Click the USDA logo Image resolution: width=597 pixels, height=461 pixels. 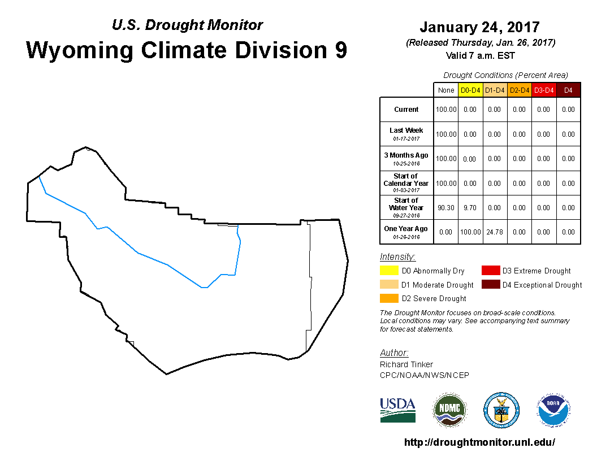[x=397, y=410]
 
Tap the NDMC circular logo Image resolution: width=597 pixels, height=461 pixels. [x=449, y=410]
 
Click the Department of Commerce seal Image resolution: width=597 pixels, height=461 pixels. [x=501, y=410]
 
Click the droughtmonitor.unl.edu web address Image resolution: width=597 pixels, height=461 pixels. [x=479, y=442]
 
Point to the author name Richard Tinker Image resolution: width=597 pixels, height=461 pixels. [x=406, y=364]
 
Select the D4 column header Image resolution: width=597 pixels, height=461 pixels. [x=568, y=90]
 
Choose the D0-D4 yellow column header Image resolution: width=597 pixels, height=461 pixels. [x=470, y=90]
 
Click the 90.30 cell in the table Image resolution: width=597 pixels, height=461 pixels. [x=446, y=208]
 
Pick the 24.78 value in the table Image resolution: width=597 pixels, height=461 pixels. [x=495, y=232]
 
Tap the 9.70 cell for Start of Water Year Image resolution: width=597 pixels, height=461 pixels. [x=470, y=208]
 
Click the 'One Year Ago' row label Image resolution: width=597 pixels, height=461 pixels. [x=406, y=229]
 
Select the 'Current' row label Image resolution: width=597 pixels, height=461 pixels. [x=406, y=110]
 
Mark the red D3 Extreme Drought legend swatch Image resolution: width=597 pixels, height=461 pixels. [x=491, y=271]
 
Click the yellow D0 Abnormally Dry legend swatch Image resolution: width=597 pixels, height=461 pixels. [x=389, y=271]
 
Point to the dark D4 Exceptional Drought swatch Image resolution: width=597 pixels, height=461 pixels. [x=491, y=284]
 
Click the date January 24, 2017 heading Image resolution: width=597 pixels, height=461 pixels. [x=480, y=27]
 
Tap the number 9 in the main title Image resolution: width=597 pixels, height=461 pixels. [x=341, y=50]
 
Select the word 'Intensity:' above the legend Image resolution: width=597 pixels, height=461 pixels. [x=397, y=257]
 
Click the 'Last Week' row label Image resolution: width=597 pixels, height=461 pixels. [x=406, y=130]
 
